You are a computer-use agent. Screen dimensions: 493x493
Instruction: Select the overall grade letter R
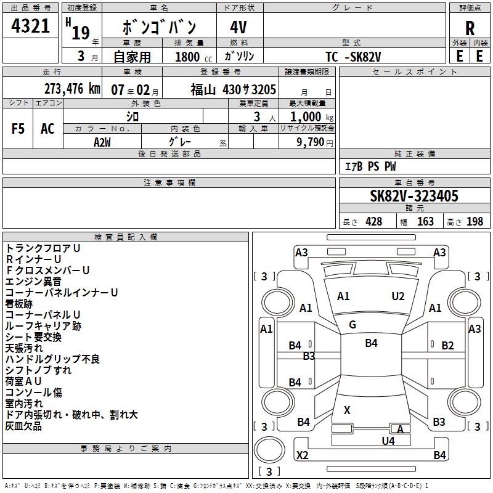(470, 28)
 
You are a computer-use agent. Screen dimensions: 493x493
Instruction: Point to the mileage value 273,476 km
(72, 89)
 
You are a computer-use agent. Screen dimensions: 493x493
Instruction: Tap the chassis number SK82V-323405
(414, 197)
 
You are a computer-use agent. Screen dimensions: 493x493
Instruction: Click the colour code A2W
(102, 141)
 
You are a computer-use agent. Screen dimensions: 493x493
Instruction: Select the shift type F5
(18, 129)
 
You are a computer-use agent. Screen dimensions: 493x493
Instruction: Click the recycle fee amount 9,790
(311, 142)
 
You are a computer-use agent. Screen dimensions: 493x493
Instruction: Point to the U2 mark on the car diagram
(398, 296)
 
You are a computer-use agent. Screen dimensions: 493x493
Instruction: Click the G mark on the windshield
(352, 325)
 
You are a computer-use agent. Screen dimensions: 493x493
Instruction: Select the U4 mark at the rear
(388, 441)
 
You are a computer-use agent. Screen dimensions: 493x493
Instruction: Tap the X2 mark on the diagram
(302, 455)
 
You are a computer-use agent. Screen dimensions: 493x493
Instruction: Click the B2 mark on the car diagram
(447, 346)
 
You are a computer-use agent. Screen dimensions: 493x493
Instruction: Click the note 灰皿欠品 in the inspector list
(23, 426)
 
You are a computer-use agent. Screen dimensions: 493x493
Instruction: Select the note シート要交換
(33, 337)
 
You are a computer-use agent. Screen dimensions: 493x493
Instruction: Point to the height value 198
(475, 222)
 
